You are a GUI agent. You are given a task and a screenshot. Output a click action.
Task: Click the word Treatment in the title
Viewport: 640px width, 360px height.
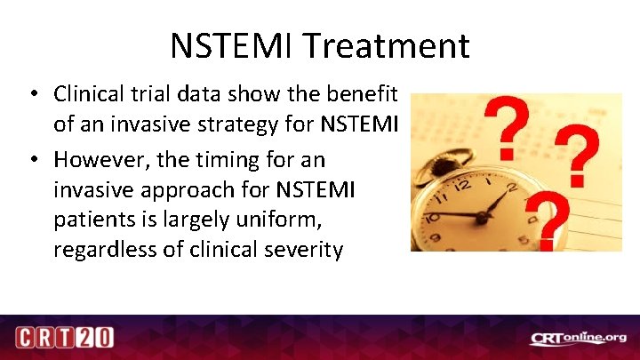[x=390, y=46]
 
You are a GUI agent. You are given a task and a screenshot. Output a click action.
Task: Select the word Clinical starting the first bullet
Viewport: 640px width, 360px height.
[x=87, y=93]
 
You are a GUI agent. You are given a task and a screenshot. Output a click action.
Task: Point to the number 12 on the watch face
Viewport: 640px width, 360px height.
[x=461, y=187]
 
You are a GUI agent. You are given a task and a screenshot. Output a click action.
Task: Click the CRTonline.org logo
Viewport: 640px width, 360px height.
[x=579, y=338]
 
